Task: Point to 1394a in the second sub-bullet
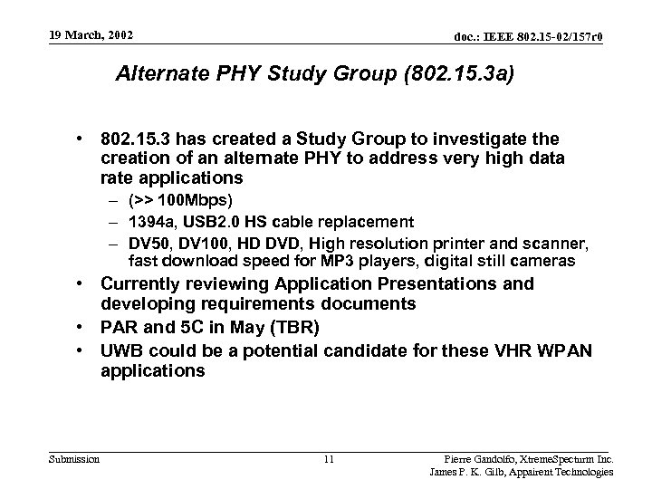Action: coord(149,222)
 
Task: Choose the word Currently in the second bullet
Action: coord(148,284)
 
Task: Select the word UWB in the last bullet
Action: coord(121,350)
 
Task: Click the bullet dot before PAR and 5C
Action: coord(81,327)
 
